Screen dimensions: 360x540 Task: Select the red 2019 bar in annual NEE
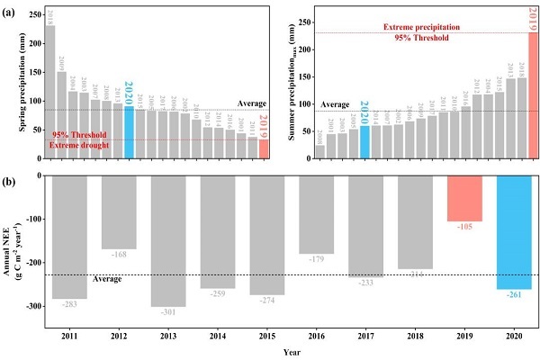[x=465, y=198]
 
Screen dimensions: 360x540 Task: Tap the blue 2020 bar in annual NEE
[x=514, y=231]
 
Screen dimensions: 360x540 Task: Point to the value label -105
[x=465, y=229]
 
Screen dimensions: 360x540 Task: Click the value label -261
[x=514, y=297]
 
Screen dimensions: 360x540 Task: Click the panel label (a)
[x=13, y=8]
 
